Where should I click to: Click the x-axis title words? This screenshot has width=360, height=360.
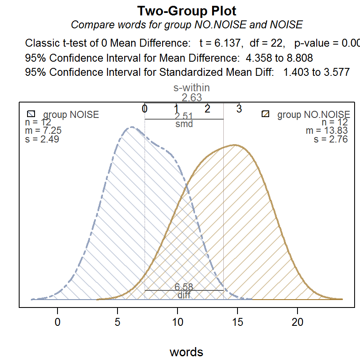pyautogui.click(x=186, y=352)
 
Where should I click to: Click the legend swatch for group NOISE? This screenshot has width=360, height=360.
pyautogui.click(x=30, y=114)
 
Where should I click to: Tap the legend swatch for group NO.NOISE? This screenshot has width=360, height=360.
pyautogui.click(x=265, y=114)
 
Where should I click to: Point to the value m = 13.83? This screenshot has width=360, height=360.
pyautogui.click(x=327, y=131)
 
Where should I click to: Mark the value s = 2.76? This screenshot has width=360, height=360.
pyautogui.click(x=331, y=139)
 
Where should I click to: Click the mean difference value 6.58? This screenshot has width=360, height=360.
pyautogui.click(x=184, y=287)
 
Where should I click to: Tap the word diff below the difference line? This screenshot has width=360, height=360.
pyautogui.click(x=184, y=295)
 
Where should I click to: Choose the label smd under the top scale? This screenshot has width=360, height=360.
pyautogui.click(x=184, y=124)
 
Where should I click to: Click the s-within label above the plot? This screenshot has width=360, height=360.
pyautogui.click(x=191, y=87)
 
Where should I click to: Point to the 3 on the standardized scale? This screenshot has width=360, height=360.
pyautogui.click(x=239, y=109)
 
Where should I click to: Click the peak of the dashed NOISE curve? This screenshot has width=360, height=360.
pyautogui.click(x=132, y=127)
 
